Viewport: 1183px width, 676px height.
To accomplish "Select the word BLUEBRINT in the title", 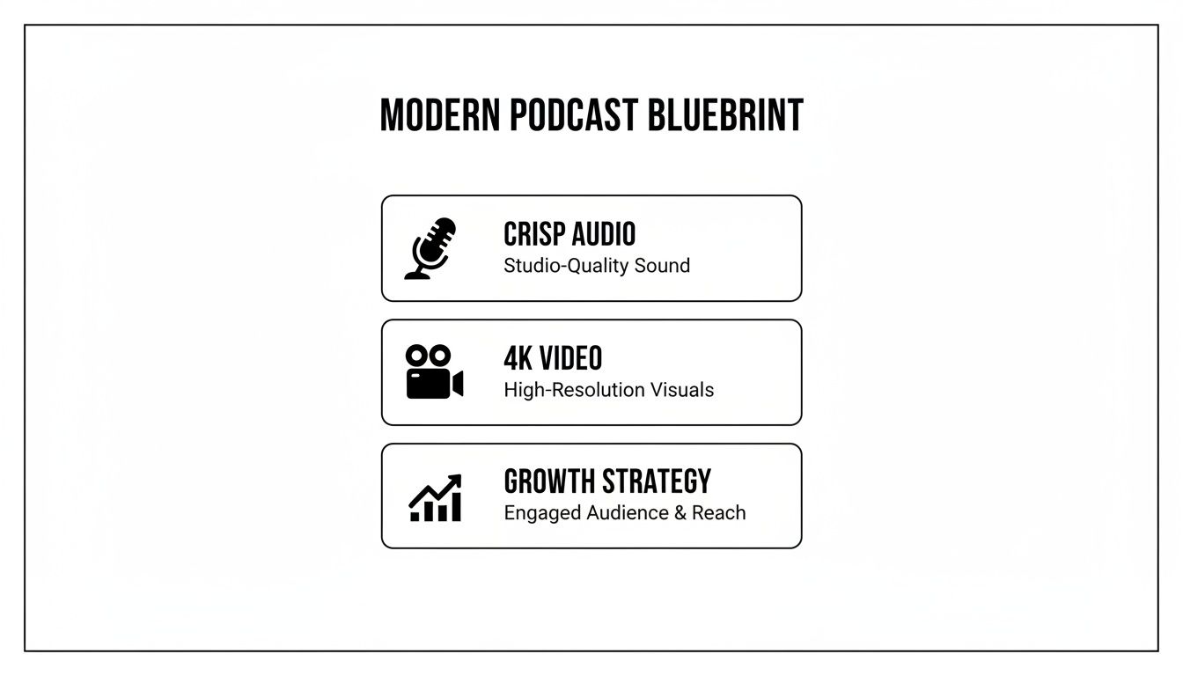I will point(725,115).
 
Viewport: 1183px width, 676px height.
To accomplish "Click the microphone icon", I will point(431,248).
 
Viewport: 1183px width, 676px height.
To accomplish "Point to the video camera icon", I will point(434,372).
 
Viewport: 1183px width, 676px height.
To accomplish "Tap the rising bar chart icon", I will point(435,497).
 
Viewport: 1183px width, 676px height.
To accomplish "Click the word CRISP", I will point(533,234).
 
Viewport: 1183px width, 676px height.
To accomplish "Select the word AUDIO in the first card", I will point(603,234).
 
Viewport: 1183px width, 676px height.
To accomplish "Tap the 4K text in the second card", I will point(517,358).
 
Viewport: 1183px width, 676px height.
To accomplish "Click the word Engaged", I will point(536,513).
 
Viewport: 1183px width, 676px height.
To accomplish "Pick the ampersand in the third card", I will point(680,513).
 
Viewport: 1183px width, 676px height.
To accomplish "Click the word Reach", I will point(718,513).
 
